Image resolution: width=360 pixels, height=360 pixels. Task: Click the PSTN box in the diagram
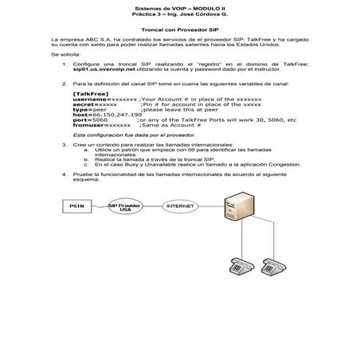(76, 206)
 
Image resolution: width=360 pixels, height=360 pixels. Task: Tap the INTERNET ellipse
(179, 206)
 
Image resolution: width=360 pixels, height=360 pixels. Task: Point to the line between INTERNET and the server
(212, 206)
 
